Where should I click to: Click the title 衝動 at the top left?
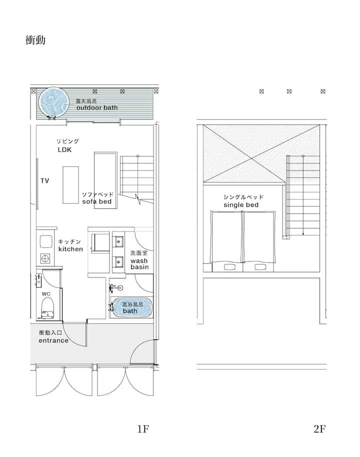(35, 40)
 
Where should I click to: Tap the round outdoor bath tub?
(54, 102)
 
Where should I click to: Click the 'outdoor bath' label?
(97, 108)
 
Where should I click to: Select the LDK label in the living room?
(64, 150)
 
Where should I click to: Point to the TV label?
(44, 180)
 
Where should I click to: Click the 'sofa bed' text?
(97, 201)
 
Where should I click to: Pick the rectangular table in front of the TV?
(71, 185)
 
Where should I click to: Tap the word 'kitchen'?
(70, 249)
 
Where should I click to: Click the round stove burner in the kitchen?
(45, 258)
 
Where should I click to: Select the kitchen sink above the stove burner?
(46, 241)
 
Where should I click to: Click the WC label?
(46, 294)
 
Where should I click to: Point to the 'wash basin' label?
(139, 264)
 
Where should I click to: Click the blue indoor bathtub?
(132, 307)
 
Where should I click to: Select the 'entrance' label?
(53, 340)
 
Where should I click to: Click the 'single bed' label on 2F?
(241, 205)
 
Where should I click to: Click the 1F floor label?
(143, 429)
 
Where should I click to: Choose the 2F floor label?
(319, 429)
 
